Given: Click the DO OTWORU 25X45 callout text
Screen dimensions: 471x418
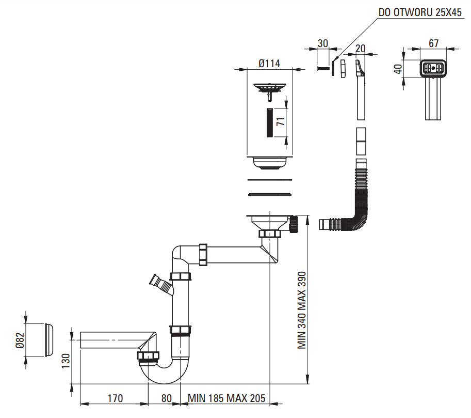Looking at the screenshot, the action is click(420, 12).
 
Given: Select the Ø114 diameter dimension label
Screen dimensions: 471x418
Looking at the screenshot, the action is click(269, 64).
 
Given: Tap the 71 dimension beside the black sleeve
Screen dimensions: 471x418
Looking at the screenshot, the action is click(280, 121).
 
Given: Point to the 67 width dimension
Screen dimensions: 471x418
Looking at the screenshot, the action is click(433, 43).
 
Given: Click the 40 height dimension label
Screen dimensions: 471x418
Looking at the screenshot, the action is click(398, 69).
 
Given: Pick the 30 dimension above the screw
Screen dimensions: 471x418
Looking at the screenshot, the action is click(322, 43).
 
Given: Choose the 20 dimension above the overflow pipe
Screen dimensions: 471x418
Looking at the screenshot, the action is click(361, 49).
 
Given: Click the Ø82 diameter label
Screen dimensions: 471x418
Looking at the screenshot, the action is click(20, 340).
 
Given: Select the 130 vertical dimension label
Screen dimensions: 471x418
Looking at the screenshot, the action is click(66, 361).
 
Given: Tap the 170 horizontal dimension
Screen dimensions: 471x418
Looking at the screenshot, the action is click(116, 398).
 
